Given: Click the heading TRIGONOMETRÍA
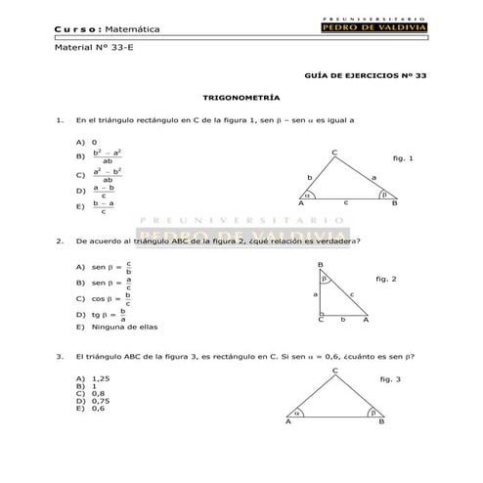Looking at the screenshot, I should pos(241,98).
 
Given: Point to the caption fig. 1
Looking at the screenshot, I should pos(402,157).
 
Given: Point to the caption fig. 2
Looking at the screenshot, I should pos(385,278).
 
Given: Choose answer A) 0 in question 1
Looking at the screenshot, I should pos(85,141).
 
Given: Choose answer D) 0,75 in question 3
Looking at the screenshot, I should pos(91,401).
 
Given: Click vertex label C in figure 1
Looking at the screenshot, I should pos(334,152).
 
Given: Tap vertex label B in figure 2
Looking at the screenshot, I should pos(320,265).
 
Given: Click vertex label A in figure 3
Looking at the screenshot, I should pos(288,423).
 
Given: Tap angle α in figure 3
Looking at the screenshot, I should pos(299,413).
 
